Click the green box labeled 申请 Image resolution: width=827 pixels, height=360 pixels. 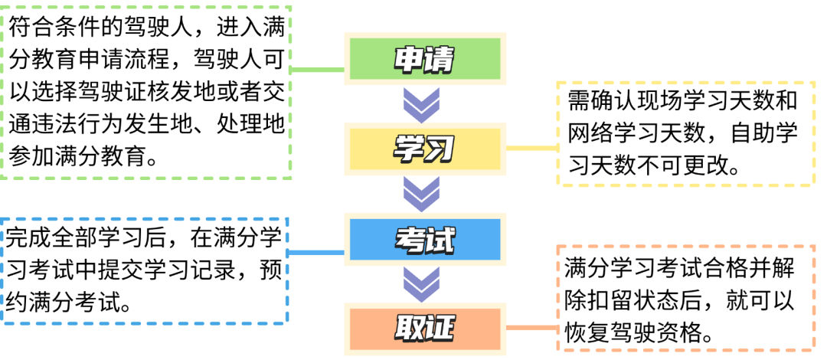pos(425,59)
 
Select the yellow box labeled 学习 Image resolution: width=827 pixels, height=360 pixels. pos(425,149)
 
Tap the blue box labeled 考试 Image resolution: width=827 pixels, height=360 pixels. pos(425,239)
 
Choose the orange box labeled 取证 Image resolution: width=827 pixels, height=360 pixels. pos(425,329)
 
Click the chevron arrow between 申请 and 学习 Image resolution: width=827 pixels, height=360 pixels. pos(422,104)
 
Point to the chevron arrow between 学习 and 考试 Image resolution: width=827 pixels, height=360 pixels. pos(422,195)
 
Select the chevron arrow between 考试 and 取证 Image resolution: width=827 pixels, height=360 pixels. pos(422,284)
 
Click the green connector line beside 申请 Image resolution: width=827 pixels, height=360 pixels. pos(318,70)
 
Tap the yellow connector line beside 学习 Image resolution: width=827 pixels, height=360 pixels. pos(531,147)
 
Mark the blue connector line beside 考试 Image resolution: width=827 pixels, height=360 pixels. pos(315,252)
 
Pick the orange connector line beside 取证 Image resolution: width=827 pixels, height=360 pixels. pos(531,329)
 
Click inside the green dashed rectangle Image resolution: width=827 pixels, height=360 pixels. pos(145,92)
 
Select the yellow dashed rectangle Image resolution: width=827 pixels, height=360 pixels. pos(685,134)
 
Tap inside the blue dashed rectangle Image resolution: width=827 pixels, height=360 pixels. pos(144,270)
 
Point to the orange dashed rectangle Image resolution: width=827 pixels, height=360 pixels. pos(685,298)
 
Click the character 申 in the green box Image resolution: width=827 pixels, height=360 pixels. pos(408,60)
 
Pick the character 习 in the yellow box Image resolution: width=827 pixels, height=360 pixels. pos(440,149)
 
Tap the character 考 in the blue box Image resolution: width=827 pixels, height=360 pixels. pos(410,240)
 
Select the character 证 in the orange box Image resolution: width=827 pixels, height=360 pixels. pos(440,329)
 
